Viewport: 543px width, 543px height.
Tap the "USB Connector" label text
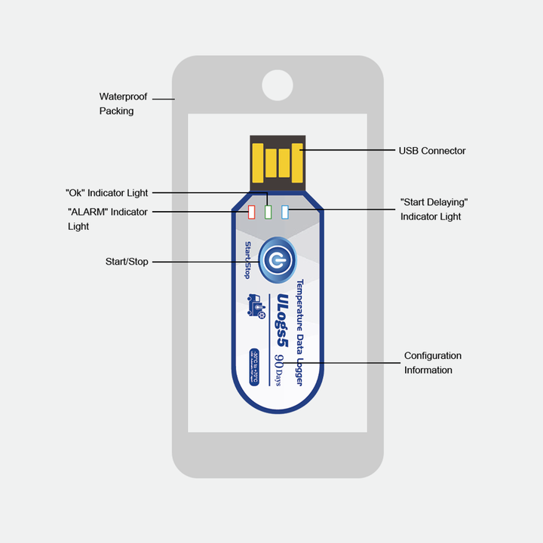coord(432,151)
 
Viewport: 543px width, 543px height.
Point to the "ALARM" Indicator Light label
coord(107,219)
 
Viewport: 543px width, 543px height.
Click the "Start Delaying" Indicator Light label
coord(434,210)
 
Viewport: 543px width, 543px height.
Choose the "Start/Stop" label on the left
coord(127,262)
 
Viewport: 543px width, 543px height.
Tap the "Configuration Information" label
coord(432,363)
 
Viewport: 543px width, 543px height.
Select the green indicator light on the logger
coord(268,212)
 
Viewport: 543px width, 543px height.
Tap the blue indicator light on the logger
coord(285,212)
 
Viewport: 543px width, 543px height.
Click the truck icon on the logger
coord(256,306)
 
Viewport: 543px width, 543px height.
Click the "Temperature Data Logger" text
coord(299,333)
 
